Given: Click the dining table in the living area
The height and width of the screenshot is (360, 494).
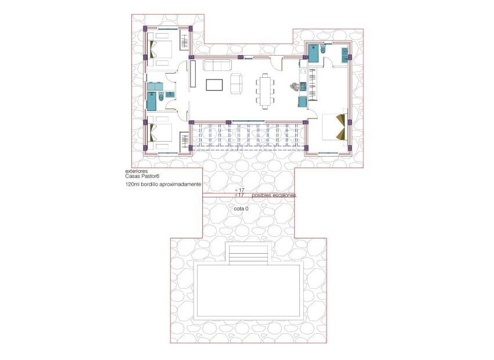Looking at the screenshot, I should click(x=266, y=91).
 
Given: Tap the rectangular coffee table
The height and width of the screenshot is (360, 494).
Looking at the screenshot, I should click(x=214, y=84).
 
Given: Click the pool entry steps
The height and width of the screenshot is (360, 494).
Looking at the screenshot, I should click(x=249, y=254).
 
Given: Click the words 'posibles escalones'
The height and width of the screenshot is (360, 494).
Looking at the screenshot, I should click(x=274, y=195).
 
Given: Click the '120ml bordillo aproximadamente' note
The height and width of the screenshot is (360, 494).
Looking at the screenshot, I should click(x=163, y=184).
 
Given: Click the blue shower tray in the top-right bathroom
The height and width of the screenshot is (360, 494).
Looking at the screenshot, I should click(x=313, y=53).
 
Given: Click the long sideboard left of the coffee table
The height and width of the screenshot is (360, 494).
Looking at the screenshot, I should click(x=192, y=74).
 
